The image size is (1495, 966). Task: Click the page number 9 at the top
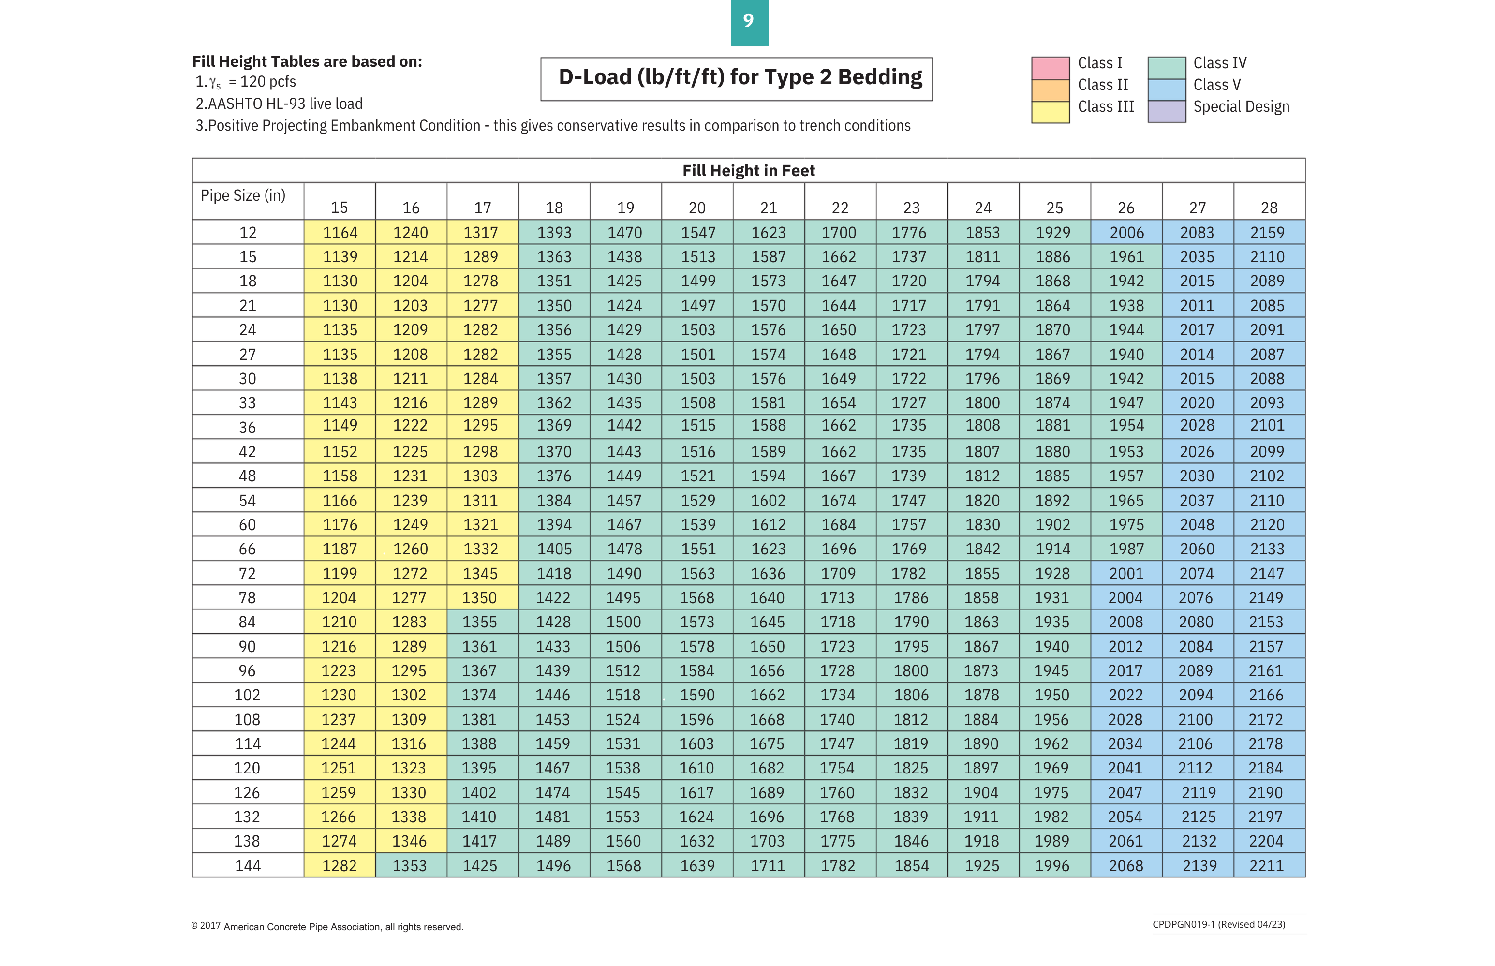(x=749, y=21)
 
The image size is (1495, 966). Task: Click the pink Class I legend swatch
(x=1051, y=68)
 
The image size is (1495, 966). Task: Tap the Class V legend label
(x=1216, y=85)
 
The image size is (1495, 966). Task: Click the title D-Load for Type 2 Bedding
(x=740, y=77)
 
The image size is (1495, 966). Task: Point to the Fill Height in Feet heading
(x=748, y=171)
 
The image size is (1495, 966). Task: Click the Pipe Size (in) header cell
(x=243, y=196)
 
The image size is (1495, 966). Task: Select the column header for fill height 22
(x=840, y=208)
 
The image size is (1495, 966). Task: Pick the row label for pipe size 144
(x=248, y=866)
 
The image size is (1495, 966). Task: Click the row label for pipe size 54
(x=248, y=501)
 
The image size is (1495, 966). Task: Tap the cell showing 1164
(x=340, y=233)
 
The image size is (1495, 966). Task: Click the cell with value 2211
(x=1267, y=866)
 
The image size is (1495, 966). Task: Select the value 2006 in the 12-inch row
(x=1126, y=233)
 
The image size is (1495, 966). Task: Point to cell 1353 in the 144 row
(x=410, y=866)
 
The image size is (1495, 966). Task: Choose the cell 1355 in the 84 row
(x=480, y=622)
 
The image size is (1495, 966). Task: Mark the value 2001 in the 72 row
(x=1126, y=573)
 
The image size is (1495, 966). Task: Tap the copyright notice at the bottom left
(x=327, y=926)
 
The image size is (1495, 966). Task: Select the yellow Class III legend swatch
(x=1051, y=112)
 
